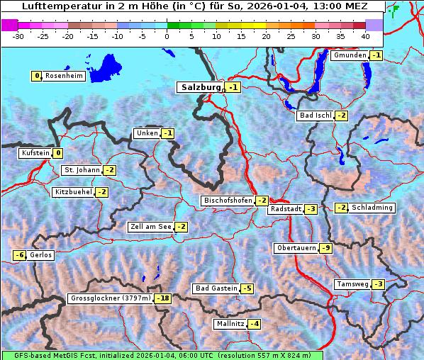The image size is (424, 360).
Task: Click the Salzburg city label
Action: tap(201, 87)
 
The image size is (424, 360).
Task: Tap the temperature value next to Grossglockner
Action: tap(164, 298)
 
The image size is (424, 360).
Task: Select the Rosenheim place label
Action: tap(64, 76)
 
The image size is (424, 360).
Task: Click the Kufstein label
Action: tap(35, 153)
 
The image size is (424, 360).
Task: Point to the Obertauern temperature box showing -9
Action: tap(325, 248)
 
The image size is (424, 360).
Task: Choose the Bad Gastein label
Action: tap(216, 288)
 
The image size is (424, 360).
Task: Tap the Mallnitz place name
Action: tap(230, 324)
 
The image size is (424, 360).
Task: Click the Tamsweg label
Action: tap(352, 284)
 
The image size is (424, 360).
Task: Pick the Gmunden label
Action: tap(350, 55)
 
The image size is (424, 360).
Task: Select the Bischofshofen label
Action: tap(228, 201)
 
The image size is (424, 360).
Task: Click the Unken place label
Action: tap(147, 133)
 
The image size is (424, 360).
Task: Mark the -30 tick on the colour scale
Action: tap(18, 35)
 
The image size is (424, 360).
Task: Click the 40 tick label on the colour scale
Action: tap(365, 35)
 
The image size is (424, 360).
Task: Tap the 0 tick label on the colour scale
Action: tap(167, 35)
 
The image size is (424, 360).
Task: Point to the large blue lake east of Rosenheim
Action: tap(106, 67)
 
